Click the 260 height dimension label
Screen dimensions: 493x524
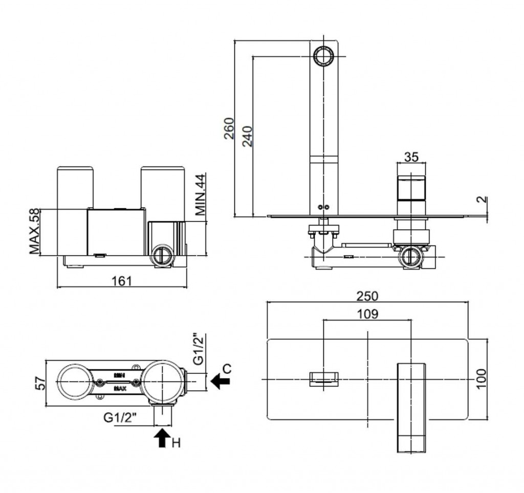[x=229, y=129]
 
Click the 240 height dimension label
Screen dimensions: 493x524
[x=247, y=137]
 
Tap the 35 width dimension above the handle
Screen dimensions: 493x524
[x=411, y=157]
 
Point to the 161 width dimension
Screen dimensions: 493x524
[x=122, y=281]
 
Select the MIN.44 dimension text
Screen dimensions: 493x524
[x=200, y=196]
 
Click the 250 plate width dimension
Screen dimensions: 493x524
[x=367, y=296]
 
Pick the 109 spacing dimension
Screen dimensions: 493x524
[x=367, y=314]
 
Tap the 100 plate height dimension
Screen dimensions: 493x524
[x=481, y=378]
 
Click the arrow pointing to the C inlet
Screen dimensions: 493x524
[x=220, y=380]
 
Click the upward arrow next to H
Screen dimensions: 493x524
[x=162, y=438]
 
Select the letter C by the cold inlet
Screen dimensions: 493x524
[x=227, y=368]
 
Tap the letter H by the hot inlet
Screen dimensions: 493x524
[x=176, y=443]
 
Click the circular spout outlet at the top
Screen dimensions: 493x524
[x=324, y=56]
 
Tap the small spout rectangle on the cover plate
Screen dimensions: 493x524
[x=324, y=379]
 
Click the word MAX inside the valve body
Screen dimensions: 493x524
[x=120, y=389]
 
